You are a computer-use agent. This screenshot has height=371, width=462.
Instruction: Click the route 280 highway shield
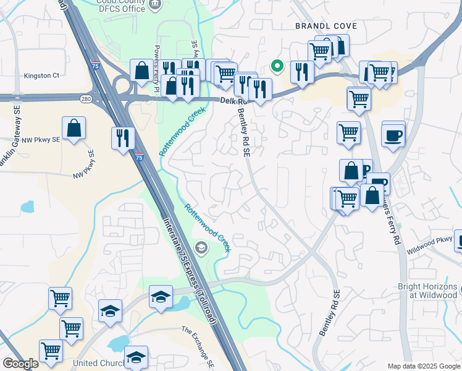86,98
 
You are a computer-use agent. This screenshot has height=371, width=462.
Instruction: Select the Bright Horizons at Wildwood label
427,291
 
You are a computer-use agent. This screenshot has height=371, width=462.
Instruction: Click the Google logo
20,364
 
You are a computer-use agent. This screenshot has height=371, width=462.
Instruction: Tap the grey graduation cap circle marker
201,249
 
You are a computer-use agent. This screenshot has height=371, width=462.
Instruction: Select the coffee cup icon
393,134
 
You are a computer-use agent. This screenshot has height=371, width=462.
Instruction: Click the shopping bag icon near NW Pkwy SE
73,129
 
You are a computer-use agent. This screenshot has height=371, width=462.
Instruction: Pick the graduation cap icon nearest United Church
136,357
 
